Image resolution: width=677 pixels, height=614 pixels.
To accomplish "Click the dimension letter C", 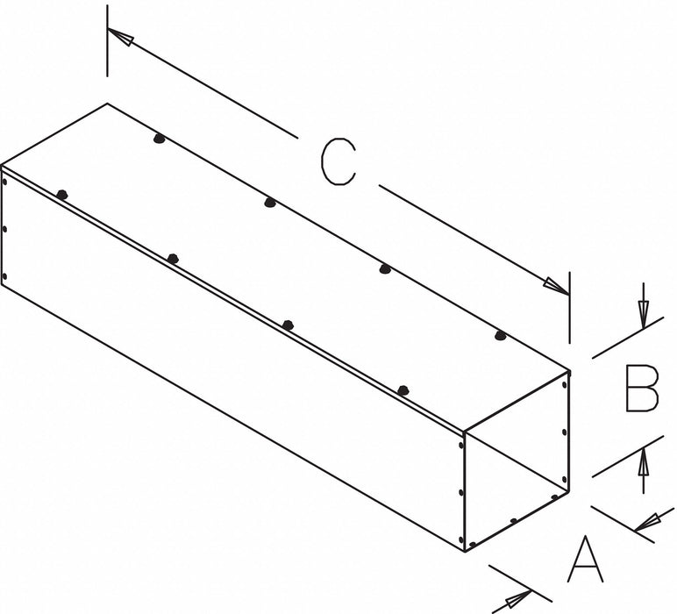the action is pos(338,162).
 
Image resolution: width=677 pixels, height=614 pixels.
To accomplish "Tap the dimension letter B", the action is pos(642,388).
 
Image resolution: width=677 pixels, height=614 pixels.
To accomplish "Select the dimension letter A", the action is pos(585,559).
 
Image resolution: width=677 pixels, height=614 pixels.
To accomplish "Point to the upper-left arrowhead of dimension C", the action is pos(120,36).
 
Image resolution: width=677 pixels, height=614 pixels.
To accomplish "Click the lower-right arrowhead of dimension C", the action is pos(557,287).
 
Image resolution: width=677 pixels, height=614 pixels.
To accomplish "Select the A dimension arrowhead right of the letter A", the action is pos(648,523).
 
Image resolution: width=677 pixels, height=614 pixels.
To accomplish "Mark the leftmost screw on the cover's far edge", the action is pos(159,139).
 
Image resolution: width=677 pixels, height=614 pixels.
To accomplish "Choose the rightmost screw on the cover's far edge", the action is pos(500,335).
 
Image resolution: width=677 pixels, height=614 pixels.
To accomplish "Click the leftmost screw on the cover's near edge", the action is pos(62,195).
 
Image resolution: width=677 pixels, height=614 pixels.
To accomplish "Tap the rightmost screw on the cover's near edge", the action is pos(403,390).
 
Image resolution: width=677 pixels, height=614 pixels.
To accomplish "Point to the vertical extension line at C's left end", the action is pos(107,41).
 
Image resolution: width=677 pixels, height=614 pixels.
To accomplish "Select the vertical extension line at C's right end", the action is pos(569,307).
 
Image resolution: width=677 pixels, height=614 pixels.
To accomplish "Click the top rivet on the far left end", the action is pos(4,182).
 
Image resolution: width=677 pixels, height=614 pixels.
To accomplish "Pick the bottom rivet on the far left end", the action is pos(4,276).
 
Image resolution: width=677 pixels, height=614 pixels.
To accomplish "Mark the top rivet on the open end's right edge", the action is pos(564,384).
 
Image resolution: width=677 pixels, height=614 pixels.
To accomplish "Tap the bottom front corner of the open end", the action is pos(465,552).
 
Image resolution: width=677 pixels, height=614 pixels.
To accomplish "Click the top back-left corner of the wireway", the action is pos(107,104).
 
